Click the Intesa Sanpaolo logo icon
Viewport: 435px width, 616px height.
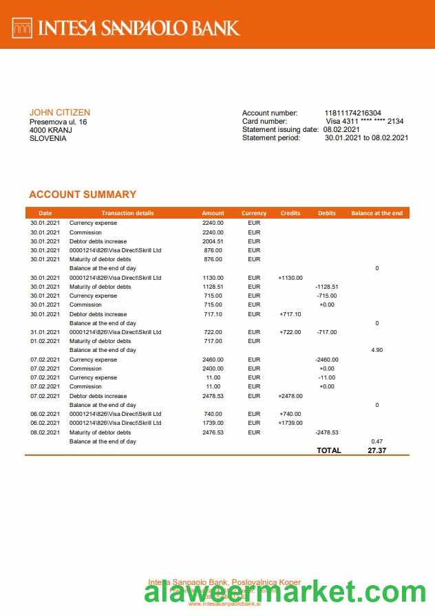pos(23,27)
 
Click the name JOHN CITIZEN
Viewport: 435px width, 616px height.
pos(59,113)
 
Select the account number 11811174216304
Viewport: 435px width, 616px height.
pos(352,113)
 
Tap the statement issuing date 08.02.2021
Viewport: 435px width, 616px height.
pos(341,129)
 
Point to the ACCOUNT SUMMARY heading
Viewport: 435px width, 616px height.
pos(83,195)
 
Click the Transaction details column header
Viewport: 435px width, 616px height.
pos(127,213)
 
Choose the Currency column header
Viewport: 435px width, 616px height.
pos(254,213)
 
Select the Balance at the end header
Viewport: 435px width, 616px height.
pos(376,213)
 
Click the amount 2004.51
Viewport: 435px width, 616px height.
pos(213,241)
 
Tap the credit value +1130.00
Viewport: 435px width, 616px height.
pos(290,278)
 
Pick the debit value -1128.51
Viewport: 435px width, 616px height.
pos(326,287)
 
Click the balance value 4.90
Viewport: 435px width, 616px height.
pos(376,350)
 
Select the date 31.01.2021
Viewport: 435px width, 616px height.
pos(45,332)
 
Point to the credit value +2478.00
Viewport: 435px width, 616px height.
pos(290,396)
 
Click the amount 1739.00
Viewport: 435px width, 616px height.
pos(213,423)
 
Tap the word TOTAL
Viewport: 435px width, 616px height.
pos(328,450)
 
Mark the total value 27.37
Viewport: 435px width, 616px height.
pos(376,450)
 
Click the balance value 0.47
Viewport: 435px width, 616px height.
pos(376,441)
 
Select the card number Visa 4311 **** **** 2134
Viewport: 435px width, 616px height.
pos(364,121)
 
